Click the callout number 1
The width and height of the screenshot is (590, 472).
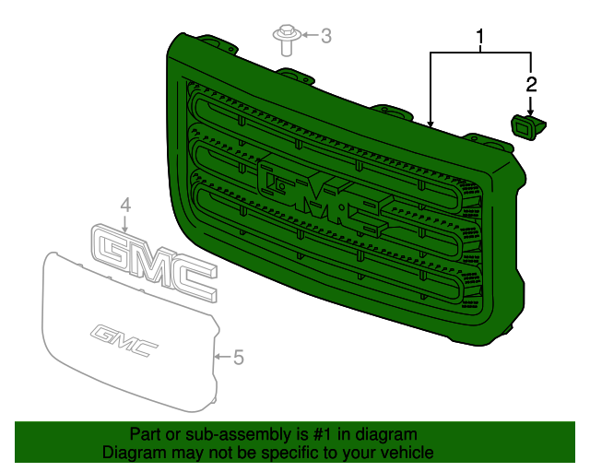coord(480,38)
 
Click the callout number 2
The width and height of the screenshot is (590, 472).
coord(531,85)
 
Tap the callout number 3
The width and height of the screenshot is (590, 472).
coord(325,36)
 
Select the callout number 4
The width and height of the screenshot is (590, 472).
coord(125,205)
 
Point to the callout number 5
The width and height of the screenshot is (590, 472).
coord(238,357)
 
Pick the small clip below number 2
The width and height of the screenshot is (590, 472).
coord(526,126)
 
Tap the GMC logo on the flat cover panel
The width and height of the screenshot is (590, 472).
coord(124,339)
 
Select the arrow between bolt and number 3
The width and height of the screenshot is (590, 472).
coord(305,36)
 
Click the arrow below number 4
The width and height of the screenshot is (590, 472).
coord(125,222)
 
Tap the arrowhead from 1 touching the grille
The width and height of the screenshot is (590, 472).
coord(431,121)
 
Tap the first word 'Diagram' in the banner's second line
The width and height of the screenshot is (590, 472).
coord(131,453)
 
